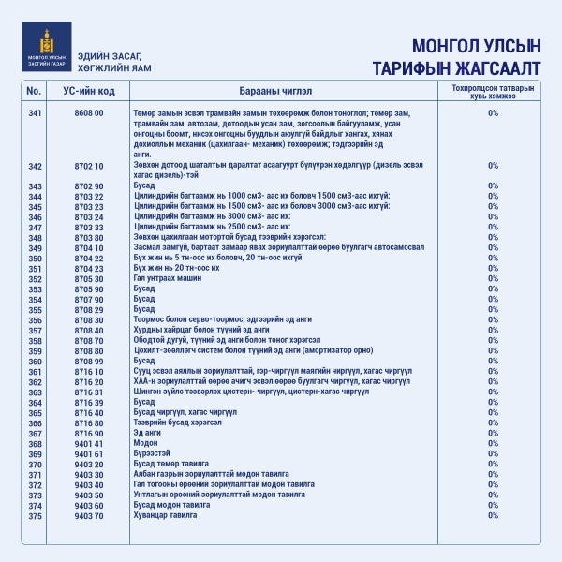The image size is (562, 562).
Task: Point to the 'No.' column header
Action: click(35, 92)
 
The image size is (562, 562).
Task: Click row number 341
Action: click(35, 113)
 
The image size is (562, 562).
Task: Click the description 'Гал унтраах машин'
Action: click(168, 278)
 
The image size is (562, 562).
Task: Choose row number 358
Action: click(35, 340)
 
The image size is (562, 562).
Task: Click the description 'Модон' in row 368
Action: click(145, 443)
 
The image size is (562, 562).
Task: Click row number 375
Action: click(35, 515)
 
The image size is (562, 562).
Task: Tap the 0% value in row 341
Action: click(493, 113)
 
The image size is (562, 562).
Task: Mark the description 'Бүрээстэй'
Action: click(154, 453)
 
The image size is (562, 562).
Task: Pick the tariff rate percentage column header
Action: click(493, 92)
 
